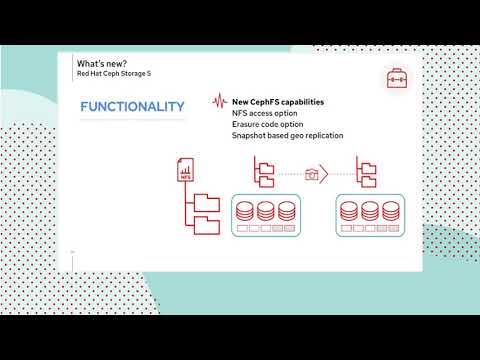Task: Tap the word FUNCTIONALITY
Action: click(x=132, y=107)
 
